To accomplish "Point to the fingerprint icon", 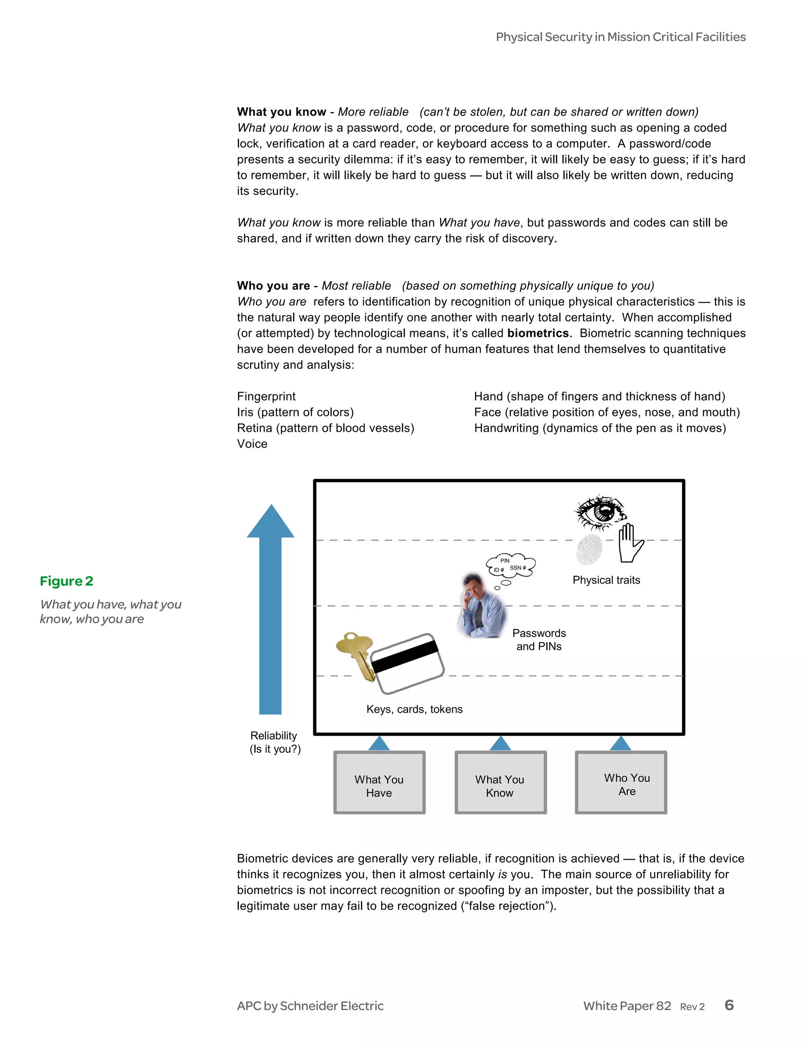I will (x=589, y=549).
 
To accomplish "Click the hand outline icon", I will (x=630, y=543).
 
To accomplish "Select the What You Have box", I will (x=379, y=782).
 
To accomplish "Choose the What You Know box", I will (x=500, y=782).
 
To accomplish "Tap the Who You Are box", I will (x=621, y=782).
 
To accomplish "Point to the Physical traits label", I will (x=606, y=580).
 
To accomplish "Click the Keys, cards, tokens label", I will (x=414, y=709).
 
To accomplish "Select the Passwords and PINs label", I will (x=539, y=640).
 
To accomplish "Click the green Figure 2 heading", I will (x=67, y=581).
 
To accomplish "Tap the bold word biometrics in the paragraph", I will (x=538, y=333).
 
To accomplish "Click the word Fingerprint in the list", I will (x=266, y=396).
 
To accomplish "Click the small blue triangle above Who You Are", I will (x=621, y=743).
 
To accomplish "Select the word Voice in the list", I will (x=252, y=444).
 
